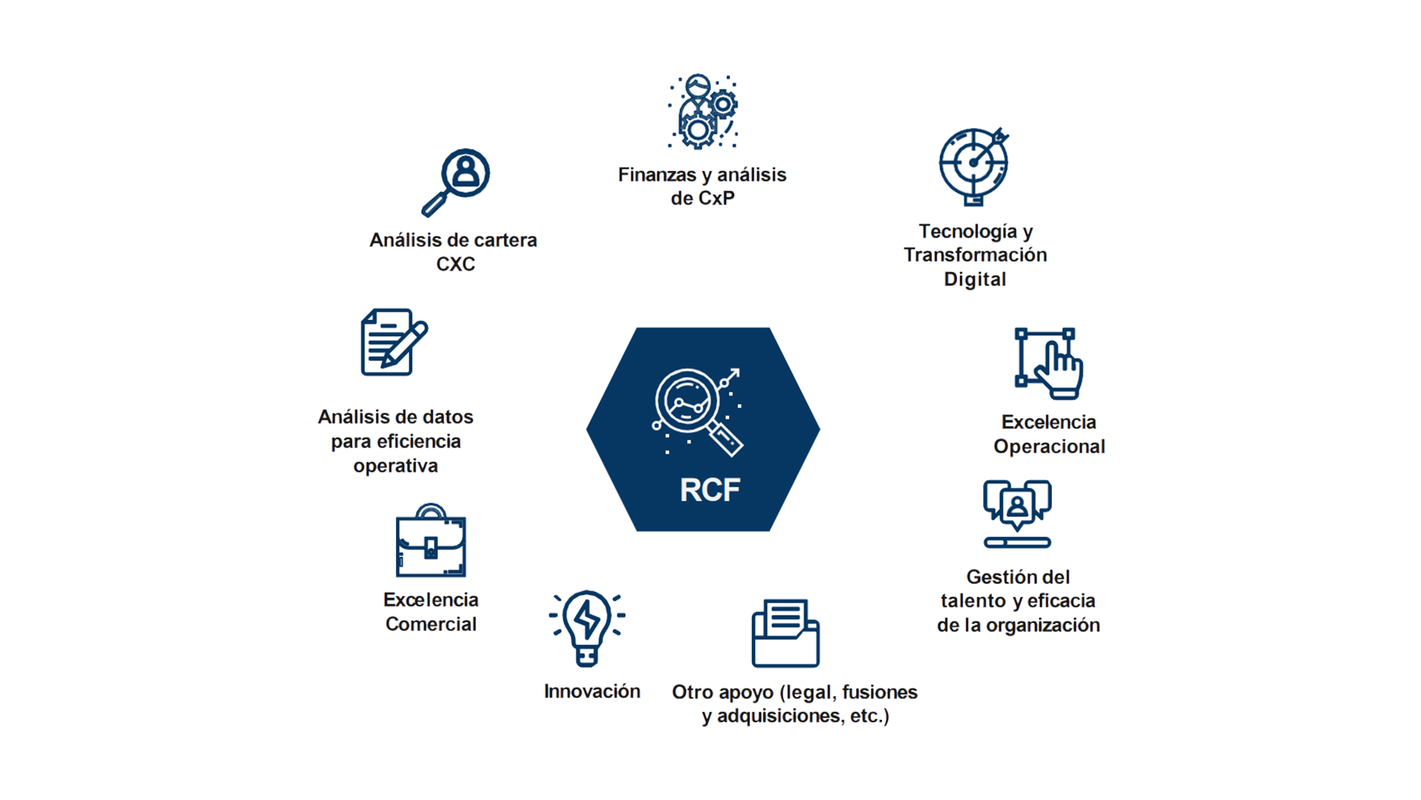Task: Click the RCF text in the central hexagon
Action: point(710,490)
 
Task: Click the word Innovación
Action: point(592,692)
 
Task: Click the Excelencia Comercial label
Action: point(431,612)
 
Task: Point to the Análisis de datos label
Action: point(396,441)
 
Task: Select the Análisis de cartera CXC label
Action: point(454,252)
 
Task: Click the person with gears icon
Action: point(701,110)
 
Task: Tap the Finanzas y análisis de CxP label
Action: point(702,187)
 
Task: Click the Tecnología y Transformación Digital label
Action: point(975,256)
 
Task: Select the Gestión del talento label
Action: point(1018,601)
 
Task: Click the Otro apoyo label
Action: point(794,704)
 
